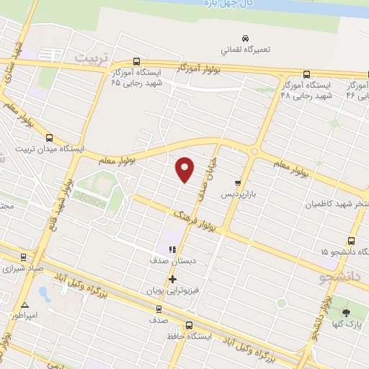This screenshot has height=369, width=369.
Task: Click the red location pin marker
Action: tap(185, 169)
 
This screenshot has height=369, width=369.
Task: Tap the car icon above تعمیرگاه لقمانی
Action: tap(245, 38)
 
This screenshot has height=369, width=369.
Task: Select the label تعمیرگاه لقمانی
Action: tap(245, 50)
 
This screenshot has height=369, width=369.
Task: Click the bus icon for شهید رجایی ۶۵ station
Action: tap(137, 62)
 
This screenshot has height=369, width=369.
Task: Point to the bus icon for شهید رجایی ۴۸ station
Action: tap(306, 74)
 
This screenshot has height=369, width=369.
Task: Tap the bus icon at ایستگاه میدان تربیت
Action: tap(49, 138)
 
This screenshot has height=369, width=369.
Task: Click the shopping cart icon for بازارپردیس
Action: tap(237, 183)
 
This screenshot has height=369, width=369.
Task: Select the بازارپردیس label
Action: tap(237, 195)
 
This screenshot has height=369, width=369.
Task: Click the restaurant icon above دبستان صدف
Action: tap(172, 249)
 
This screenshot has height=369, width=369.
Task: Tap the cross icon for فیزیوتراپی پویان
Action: tap(172, 279)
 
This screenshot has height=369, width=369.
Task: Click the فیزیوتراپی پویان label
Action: tap(172, 291)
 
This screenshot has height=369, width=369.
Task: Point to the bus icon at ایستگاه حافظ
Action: tap(189, 324)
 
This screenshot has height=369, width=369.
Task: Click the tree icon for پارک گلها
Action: tap(346, 312)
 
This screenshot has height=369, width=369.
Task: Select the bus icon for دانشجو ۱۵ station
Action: tap(351, 241)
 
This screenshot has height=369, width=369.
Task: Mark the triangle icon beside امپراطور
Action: tap(25, 305)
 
